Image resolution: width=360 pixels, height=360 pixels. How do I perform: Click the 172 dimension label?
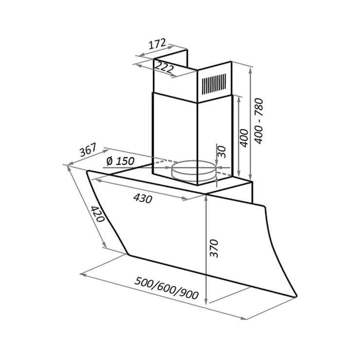pyautogui.click(x=157, y=44)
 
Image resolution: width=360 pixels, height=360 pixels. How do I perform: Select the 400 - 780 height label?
pyautogui.click(x=259, y=121)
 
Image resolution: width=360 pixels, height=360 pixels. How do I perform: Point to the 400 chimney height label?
pyautogui.click(x=244, y=138)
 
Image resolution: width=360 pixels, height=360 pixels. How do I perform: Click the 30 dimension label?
pyautogui.click(x=222, y=152)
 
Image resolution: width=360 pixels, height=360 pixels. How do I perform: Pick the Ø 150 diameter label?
pyautogui.click(x=120, y=161)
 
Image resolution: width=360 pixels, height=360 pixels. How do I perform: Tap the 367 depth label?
pyautogui.click(x=88, y=150)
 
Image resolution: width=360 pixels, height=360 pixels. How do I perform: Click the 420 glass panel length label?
pyautogui.click(x=98, y=214)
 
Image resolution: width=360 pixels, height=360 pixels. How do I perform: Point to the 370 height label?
pyautogui.click(x=214, y=249)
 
